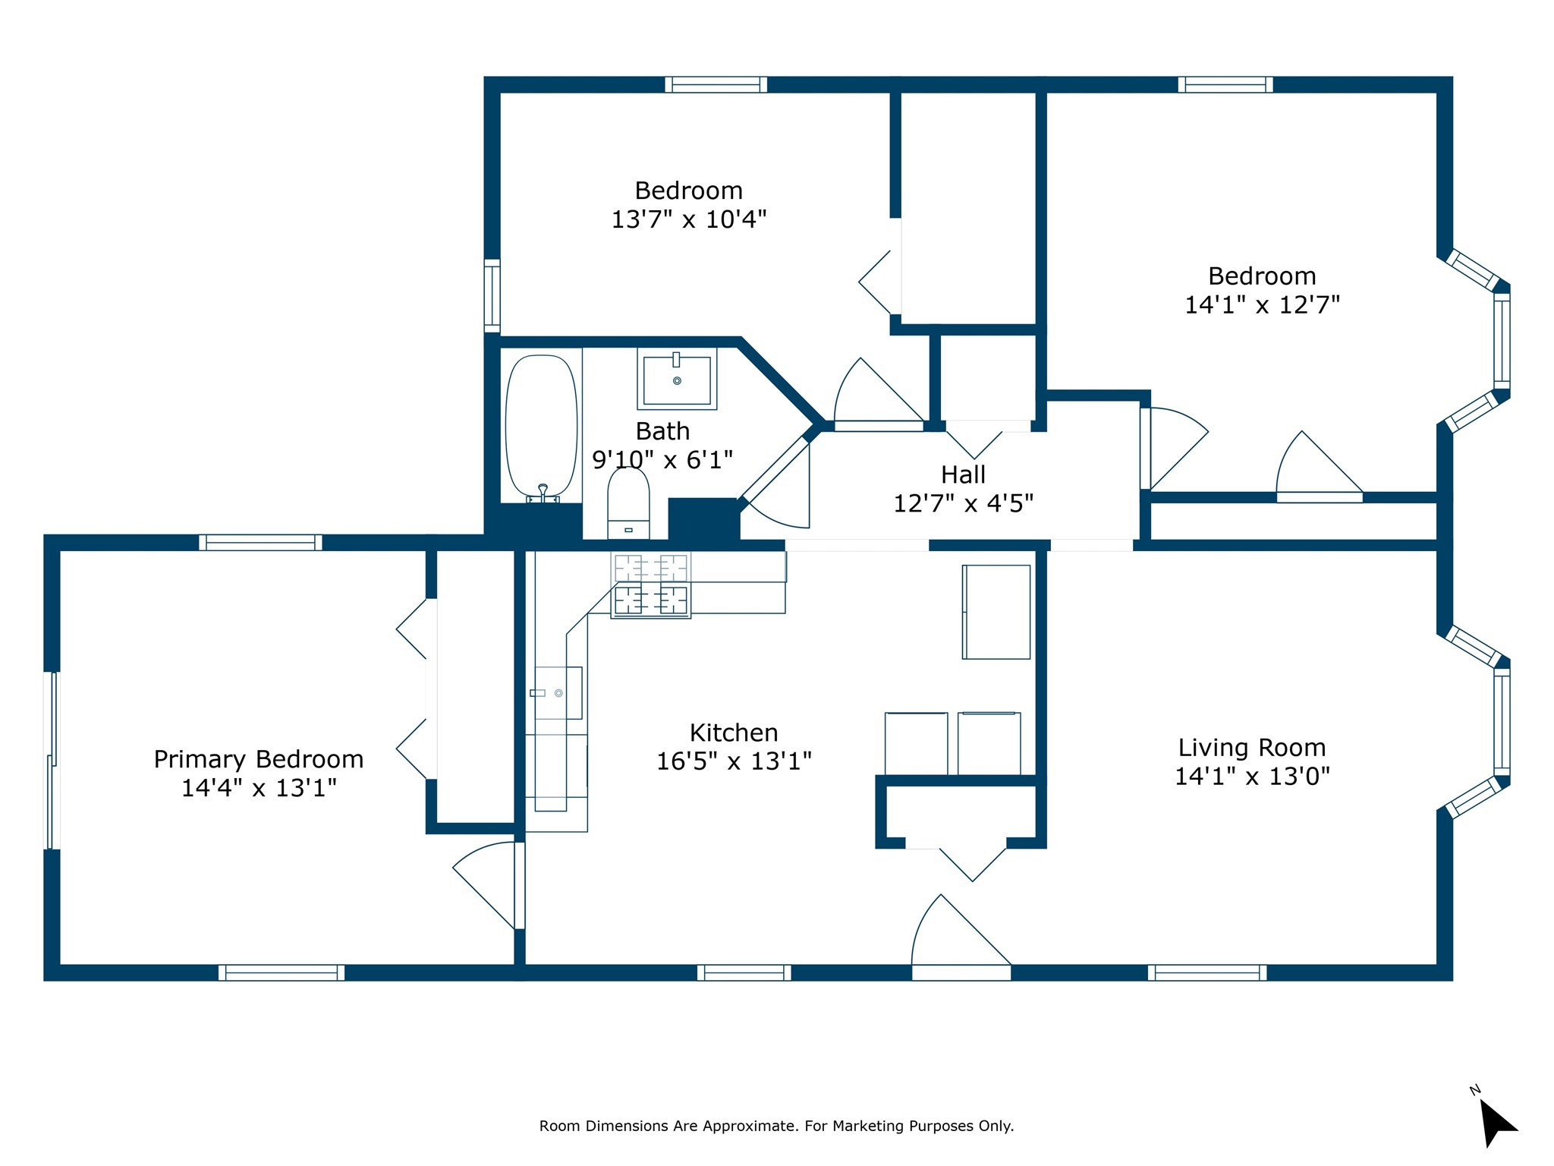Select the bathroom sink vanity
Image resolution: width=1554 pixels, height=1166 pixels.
pos(677,378)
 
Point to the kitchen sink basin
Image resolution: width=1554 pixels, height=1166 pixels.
pos(558,692)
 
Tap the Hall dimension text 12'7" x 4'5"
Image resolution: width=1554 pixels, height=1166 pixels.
pos(963,503)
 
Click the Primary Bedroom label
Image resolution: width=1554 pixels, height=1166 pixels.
pos(259,759)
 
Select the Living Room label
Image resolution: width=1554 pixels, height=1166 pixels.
pos(1252,748)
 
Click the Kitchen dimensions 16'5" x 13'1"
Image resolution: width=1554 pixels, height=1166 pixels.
pos(734,761)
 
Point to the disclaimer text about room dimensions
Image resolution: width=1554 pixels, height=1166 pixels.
pos(776,1126)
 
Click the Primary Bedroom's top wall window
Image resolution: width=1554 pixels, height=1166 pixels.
pos(260,542)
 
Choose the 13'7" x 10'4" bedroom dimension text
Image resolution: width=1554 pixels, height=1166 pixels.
pos(689,219)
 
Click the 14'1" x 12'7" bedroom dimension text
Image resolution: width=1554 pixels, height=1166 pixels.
pos(1262,305)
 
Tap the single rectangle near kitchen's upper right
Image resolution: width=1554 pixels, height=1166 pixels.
pos(996,612)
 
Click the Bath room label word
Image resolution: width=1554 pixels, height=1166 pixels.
pos(662,431)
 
